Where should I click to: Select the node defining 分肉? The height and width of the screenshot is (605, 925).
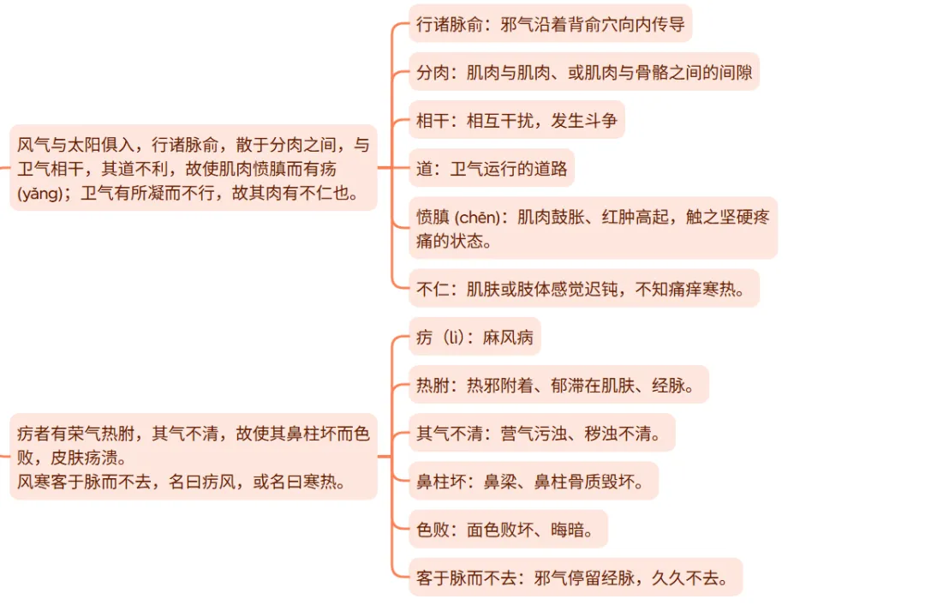pos(584,72)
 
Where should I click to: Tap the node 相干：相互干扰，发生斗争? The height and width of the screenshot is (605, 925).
pos(516,120)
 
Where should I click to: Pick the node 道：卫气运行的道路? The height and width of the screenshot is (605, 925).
pos(492,168)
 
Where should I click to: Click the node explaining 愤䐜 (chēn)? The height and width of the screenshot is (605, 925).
pos(593,228)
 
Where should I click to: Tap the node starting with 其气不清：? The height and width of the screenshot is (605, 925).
pos(541,433)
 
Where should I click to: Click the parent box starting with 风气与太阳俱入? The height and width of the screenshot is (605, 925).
pos(194,168)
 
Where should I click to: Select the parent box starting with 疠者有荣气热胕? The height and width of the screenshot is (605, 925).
pos(194,457)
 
